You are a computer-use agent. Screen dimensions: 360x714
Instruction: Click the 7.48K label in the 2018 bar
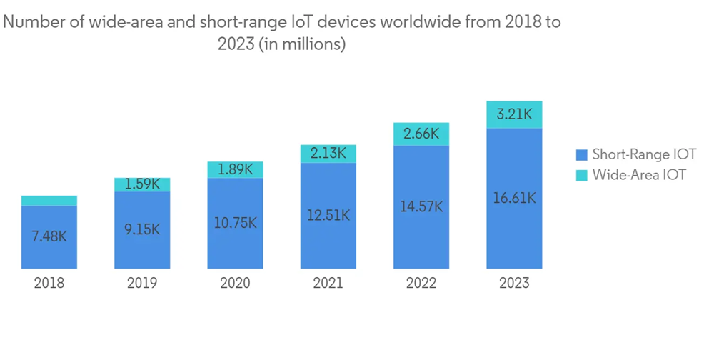point(49,236)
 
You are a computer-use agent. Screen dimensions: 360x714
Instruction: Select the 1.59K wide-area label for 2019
point(142,184)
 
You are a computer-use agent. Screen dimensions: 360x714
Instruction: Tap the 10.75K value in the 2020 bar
point(235,223)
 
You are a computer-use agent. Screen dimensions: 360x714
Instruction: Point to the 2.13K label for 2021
point(328,153)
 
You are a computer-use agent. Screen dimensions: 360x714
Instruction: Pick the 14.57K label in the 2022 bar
point(421,206)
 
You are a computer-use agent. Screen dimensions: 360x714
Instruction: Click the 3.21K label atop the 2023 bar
point(514,114)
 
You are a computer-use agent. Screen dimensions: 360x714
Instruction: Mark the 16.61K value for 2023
point(514,199)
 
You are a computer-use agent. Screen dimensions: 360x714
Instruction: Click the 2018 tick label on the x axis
point(49,283)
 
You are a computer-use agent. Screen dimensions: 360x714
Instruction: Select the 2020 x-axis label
point(235,283)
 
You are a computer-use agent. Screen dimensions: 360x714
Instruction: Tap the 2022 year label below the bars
point(421,283)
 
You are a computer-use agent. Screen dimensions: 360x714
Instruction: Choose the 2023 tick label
point(514,283)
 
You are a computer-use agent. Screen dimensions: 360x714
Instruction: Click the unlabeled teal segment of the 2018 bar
point(49,201)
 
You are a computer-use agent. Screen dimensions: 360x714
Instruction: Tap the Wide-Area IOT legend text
point(639,175)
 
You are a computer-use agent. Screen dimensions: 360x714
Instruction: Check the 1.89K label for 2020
point(235,169)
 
